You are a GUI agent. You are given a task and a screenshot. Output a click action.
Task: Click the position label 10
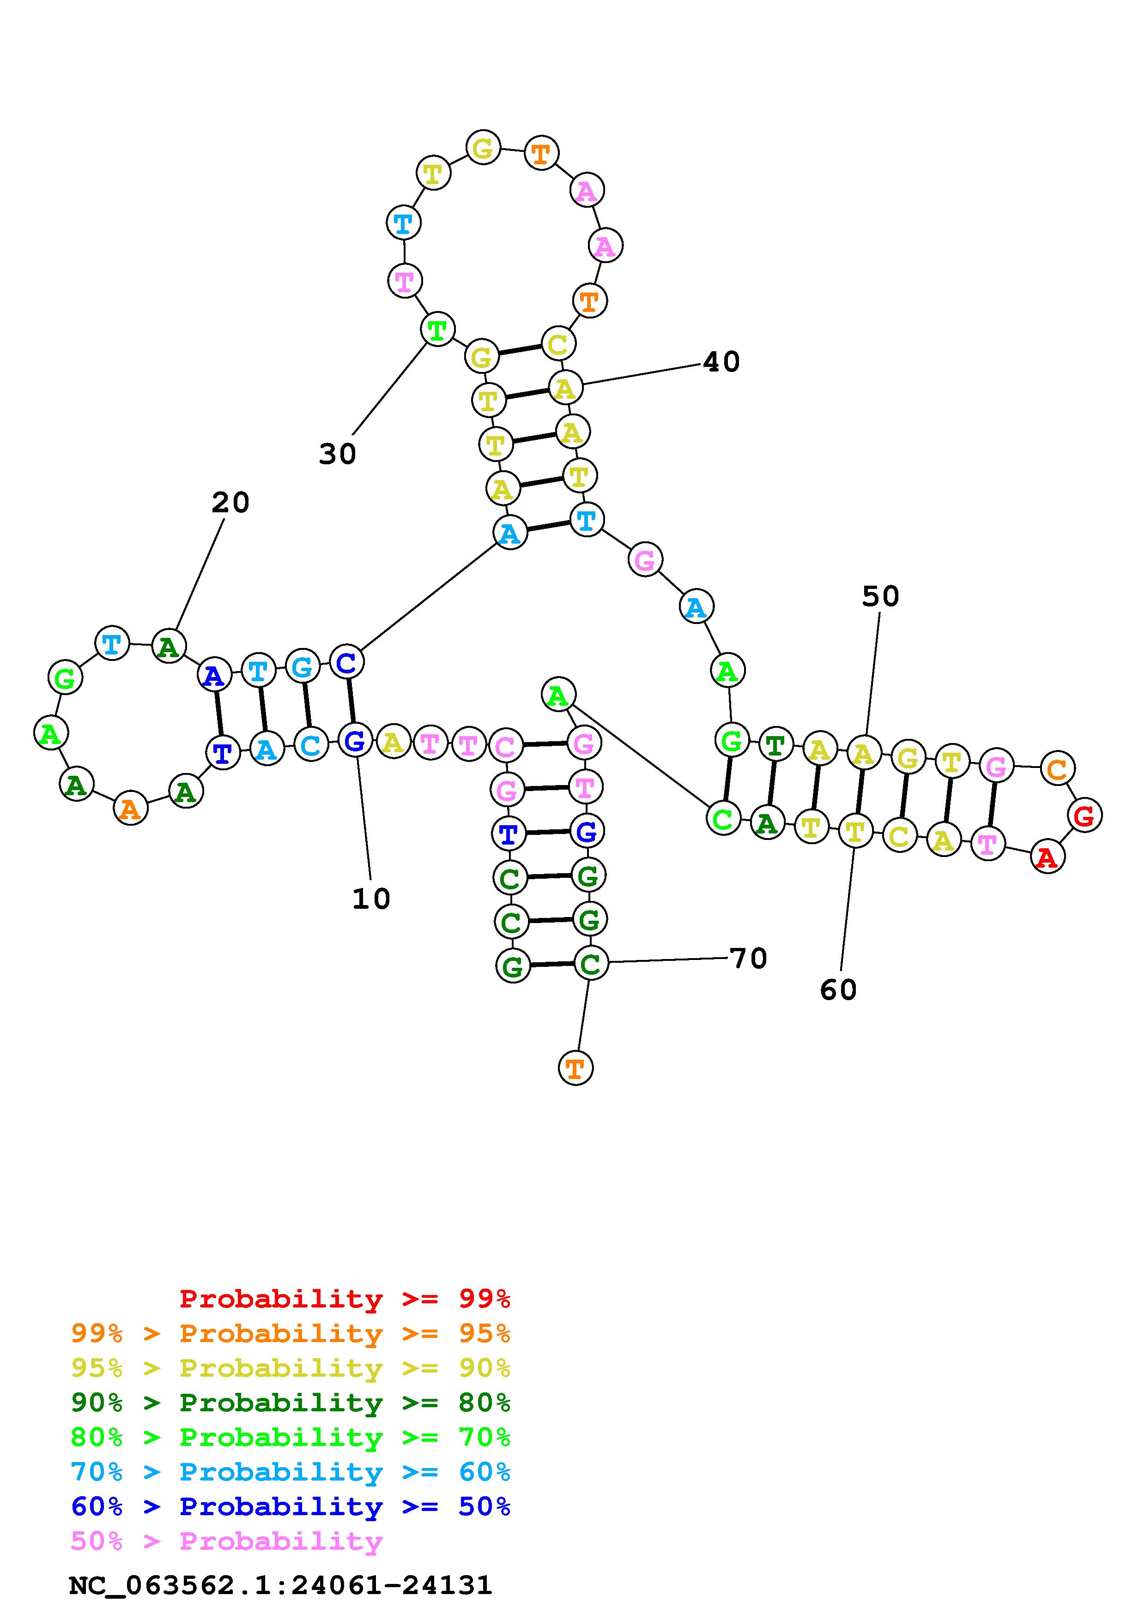point(371,899)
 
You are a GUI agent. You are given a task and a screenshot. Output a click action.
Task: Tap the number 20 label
point(230,503)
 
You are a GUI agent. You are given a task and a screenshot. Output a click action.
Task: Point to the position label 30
point(337,454)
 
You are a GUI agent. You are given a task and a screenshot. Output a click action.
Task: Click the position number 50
point(880,597)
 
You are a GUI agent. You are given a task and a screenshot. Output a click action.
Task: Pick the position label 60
point(838,990)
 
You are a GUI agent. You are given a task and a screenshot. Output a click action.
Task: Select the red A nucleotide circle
point(1048,857)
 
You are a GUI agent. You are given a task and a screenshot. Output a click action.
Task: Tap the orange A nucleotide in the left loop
point(131,808)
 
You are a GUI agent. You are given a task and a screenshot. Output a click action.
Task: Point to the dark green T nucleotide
point(775,744)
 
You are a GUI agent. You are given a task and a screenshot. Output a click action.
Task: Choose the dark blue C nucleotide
point(346,661)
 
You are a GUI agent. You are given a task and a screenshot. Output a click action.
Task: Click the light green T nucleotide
point(437,330)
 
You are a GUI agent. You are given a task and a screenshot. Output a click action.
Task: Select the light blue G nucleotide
point(302,667)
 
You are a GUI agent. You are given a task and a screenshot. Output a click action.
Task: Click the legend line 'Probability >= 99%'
point(345,1298)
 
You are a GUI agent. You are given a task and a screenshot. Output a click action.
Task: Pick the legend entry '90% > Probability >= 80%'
point(291,1403)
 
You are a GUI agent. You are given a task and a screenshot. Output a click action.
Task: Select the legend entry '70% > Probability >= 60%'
point(291,1472)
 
